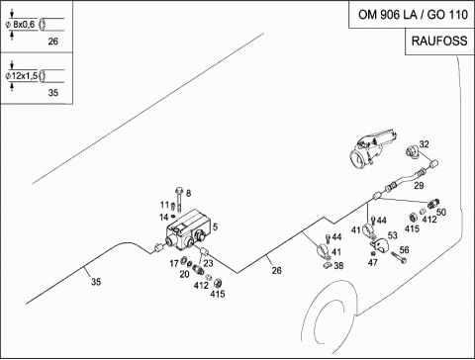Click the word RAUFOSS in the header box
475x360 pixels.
click(x=439, y=41)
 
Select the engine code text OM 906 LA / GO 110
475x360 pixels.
click(x=413, y=15)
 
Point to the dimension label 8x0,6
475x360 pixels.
click(x=24, y=25)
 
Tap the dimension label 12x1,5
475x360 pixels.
click(x=25, y=76)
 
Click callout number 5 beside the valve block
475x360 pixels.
click(x=215, y=226)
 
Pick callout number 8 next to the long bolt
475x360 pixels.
click(x=188, y=193)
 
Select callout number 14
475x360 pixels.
click(x=164, y=218)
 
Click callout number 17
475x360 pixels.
click(x=174, y=263)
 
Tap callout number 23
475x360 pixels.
click(x=208, y=263)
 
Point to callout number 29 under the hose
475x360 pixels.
click(x=419, y=186)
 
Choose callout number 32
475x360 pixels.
click(x=425, y=144)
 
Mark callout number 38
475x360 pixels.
click(x=338, y=265)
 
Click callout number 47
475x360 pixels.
click(x=373, y=262)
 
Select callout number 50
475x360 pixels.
click(x=441, y=212)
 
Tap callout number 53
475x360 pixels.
click(x=393, y=235)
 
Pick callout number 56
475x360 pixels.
click(x=405, y=250)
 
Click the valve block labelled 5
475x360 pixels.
click(x=187, y=230)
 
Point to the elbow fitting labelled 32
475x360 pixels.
click(x=412, y=152)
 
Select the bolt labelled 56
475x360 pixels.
click(x=399, y=257)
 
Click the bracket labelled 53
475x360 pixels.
click(x=380, y=245)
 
